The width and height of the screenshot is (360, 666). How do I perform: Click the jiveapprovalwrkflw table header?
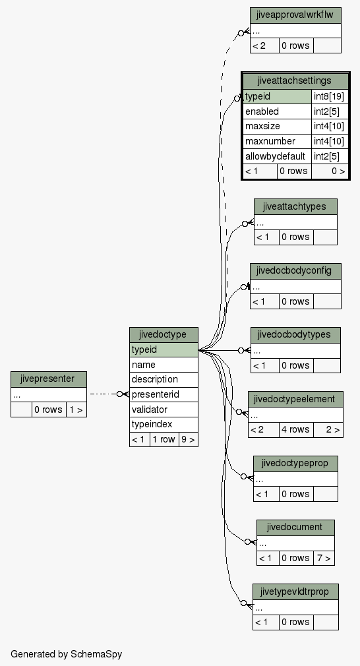pos(295,16)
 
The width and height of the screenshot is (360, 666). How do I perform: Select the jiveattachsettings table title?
pos(295,80)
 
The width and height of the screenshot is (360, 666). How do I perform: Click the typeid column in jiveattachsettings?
pos(277,96)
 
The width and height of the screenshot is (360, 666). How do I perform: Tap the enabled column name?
pos(262,111)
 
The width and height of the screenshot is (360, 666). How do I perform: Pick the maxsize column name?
pos(262,126)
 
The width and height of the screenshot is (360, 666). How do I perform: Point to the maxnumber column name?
pos(270,141)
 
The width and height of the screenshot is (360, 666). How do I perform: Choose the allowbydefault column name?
pos(275,156)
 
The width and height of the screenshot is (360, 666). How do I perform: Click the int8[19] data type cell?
pos(330,96)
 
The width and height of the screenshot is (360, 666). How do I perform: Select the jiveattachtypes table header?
pos(295,207)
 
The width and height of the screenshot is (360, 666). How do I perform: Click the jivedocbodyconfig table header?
pos(295,271)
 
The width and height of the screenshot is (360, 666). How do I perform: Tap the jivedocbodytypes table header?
pos(295,335)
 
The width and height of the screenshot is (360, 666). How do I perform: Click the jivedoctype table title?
pos(164,335)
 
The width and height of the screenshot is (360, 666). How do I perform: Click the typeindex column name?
pos(152,424)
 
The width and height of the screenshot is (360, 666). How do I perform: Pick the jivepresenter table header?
pos(49,379)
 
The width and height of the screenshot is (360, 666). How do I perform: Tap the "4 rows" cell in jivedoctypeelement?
pos(296,429)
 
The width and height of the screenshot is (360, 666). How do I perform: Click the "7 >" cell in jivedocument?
pos(324,558)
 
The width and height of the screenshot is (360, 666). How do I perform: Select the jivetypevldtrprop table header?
pos(295,591)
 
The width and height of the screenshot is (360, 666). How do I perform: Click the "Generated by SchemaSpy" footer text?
pos(66,654)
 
